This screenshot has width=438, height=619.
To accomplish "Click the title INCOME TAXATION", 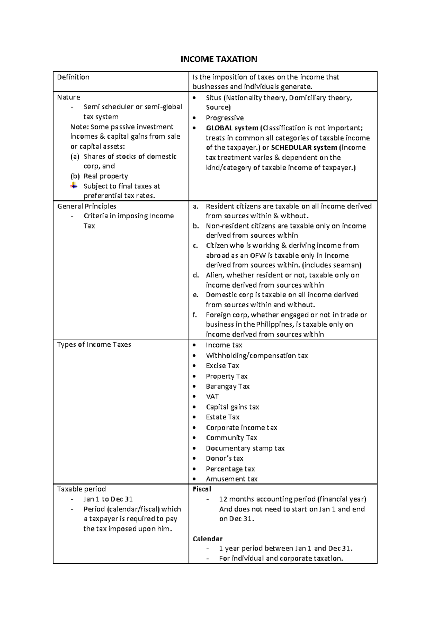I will coord(219,59).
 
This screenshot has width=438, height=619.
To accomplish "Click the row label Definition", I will coord(73,77).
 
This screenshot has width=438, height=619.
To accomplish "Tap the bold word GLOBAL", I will coord(219,128).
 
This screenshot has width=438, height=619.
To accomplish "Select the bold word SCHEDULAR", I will coord(294,148).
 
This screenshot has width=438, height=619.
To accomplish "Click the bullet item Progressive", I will coord(224,118).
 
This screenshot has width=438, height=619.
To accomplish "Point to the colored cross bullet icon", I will coord(74,186).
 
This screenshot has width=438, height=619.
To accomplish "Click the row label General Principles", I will coord(87,206).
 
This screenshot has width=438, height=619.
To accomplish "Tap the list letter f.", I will coord(195,315).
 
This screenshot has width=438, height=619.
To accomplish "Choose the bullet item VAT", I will coord(212,396).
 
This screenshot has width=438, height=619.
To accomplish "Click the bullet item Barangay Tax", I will coord(227,386).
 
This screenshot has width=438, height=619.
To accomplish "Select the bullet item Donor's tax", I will coord(224,458).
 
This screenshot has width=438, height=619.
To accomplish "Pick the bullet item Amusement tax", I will coord(231,479).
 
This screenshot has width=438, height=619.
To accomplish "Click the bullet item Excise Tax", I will coord(222,366).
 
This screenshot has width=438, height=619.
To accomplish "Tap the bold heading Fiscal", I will coord(202,489).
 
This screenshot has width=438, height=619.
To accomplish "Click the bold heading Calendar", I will coord(207,539).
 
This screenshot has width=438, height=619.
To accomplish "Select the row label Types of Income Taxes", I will coord(94,345).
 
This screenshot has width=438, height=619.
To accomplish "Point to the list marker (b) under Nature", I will coord(75,176).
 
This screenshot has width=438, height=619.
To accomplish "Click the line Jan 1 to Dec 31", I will coord(108,499).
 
